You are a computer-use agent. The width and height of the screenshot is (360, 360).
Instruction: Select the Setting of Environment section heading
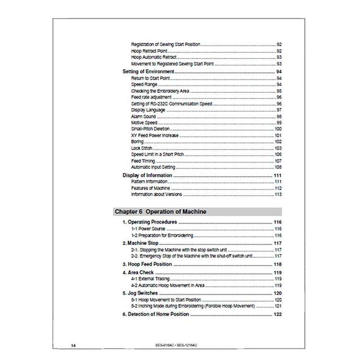point(148,72)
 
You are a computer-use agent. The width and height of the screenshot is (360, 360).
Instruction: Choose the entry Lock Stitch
point(141,148)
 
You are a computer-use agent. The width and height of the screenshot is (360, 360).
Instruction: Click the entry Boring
point(137,142)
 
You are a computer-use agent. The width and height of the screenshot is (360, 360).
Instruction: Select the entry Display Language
point(148,110)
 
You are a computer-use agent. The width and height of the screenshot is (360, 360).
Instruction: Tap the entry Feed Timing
point(143,161)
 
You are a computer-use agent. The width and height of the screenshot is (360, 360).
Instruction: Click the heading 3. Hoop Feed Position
point(146,264)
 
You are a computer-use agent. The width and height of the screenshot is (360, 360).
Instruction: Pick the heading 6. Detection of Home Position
point(156,314)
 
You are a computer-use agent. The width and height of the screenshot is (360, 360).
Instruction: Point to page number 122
point(277,314)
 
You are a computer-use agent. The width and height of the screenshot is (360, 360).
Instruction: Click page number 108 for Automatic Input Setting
point(277,167)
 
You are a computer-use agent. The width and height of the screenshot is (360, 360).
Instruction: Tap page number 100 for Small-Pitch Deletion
point(277,129)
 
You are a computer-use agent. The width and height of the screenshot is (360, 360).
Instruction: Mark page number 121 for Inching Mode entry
point(277,306)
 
